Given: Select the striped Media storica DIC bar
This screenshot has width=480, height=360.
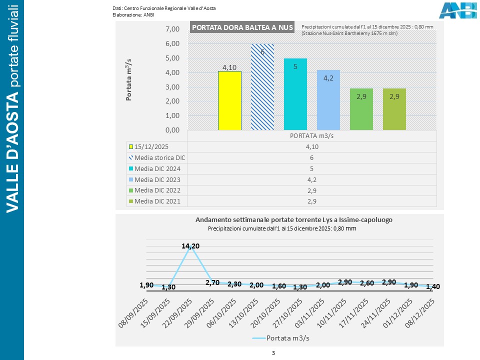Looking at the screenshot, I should coord(262,87).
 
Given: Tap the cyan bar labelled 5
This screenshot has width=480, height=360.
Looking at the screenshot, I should coord(295,95).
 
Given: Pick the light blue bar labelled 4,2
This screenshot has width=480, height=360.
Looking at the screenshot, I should coord(328,100).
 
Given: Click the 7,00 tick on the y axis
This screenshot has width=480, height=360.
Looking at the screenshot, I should coord(172,29).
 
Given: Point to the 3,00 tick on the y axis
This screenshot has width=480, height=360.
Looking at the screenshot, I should coord(172,87).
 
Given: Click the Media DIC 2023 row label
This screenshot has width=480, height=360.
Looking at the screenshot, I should coord(157,179).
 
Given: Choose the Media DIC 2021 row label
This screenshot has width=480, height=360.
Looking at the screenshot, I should coord(157,201).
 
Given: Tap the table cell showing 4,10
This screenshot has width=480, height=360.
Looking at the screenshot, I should coord(312,146).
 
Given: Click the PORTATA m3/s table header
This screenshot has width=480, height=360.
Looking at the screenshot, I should coord(312,135).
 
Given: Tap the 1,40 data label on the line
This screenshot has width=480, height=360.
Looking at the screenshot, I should coord(433,287).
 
